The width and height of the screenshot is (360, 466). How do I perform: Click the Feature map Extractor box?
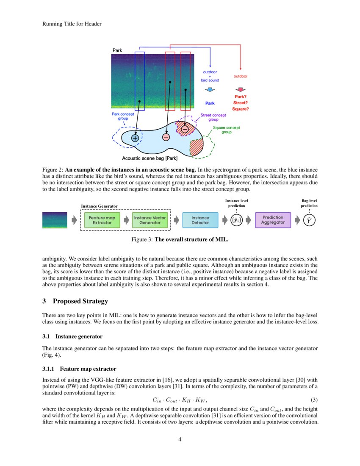102,220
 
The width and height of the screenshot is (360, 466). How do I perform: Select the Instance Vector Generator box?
150,220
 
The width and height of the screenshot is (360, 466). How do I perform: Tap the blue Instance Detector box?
200,220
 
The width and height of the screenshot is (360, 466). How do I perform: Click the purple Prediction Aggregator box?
273,220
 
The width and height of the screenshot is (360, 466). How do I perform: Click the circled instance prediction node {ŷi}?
236,220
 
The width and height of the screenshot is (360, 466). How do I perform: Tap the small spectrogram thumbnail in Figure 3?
55,220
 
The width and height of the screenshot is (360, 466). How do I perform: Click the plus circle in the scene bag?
135,138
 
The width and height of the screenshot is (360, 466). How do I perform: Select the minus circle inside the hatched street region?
185,129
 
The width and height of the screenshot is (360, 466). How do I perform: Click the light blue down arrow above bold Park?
210,90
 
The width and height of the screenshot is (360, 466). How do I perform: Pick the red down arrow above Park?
240,90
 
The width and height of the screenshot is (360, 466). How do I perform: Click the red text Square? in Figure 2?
240,109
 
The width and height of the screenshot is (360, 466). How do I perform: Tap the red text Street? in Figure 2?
240,103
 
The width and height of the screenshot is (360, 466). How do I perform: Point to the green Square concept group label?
226,130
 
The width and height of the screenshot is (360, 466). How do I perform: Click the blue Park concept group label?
123,116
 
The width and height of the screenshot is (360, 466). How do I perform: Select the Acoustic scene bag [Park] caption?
150,159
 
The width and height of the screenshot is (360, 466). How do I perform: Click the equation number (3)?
314,400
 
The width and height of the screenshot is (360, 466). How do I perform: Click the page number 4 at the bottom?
180,439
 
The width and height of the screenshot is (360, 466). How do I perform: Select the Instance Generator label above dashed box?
99,206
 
